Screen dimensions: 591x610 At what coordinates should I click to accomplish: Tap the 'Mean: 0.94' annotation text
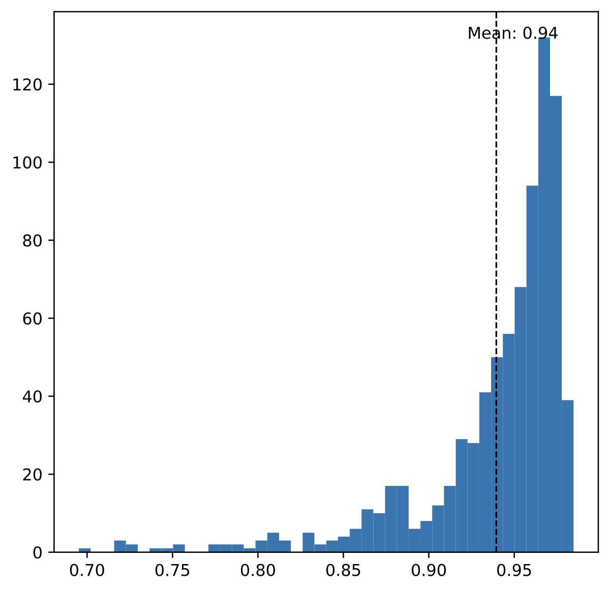point(512,34)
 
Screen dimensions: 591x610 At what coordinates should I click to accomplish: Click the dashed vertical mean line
point(496,203)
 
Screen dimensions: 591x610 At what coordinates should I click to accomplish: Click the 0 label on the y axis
point(39,552)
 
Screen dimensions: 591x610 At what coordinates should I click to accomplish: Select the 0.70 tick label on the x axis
point(87,570)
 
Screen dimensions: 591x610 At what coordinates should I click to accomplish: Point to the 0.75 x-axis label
point(172,570)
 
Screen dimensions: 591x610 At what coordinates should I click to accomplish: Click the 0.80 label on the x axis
point(258,570)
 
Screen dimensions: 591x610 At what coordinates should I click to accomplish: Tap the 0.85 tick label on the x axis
point(343,570)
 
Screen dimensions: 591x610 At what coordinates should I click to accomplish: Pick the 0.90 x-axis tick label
point(429,570)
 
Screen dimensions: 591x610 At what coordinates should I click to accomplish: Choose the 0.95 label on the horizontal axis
point(514,570)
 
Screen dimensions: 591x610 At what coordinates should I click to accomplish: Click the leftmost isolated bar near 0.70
point(84,550)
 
